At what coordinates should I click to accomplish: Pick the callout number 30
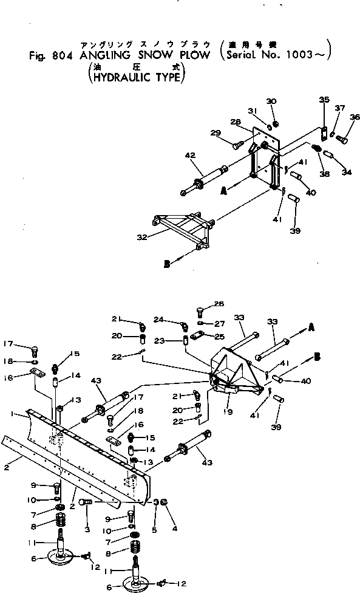click(x=271, y=101)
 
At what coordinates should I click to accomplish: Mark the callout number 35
click(x=324, y=100)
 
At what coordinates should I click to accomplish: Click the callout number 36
click(x=355, y=117)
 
